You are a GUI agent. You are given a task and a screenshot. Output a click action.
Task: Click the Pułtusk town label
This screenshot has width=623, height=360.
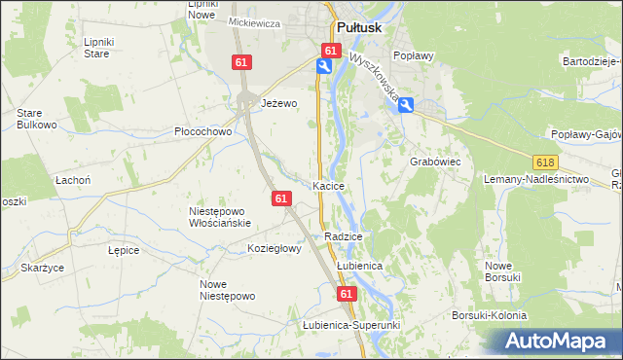pos(363,28)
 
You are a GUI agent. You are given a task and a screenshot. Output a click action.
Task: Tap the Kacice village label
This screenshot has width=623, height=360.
pos(328,185)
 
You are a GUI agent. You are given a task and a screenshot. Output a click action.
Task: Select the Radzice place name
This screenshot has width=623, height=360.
pos(344,236)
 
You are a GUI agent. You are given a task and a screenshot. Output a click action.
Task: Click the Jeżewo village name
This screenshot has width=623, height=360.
pos(278,102)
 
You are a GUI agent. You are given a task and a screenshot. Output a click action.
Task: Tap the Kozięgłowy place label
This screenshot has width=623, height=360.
pos(275,248)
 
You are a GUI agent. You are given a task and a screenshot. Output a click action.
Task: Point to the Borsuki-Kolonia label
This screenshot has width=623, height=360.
pos(489,315)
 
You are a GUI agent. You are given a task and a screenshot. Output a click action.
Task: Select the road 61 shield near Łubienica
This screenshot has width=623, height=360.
pos(347,292)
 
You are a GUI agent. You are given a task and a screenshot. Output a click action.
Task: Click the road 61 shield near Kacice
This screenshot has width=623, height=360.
pos(281,198)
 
